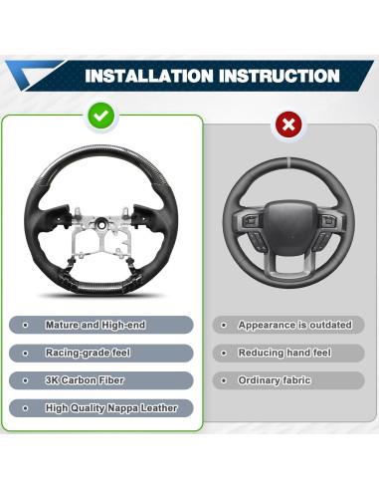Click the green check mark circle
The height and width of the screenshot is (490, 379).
pos(100,117)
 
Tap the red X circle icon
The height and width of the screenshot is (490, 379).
pos(287,125)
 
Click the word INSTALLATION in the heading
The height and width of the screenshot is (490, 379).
pos(148,76)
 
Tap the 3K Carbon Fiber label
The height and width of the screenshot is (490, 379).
pos(83,380)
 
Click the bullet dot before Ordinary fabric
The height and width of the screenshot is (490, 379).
pos(226,380)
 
